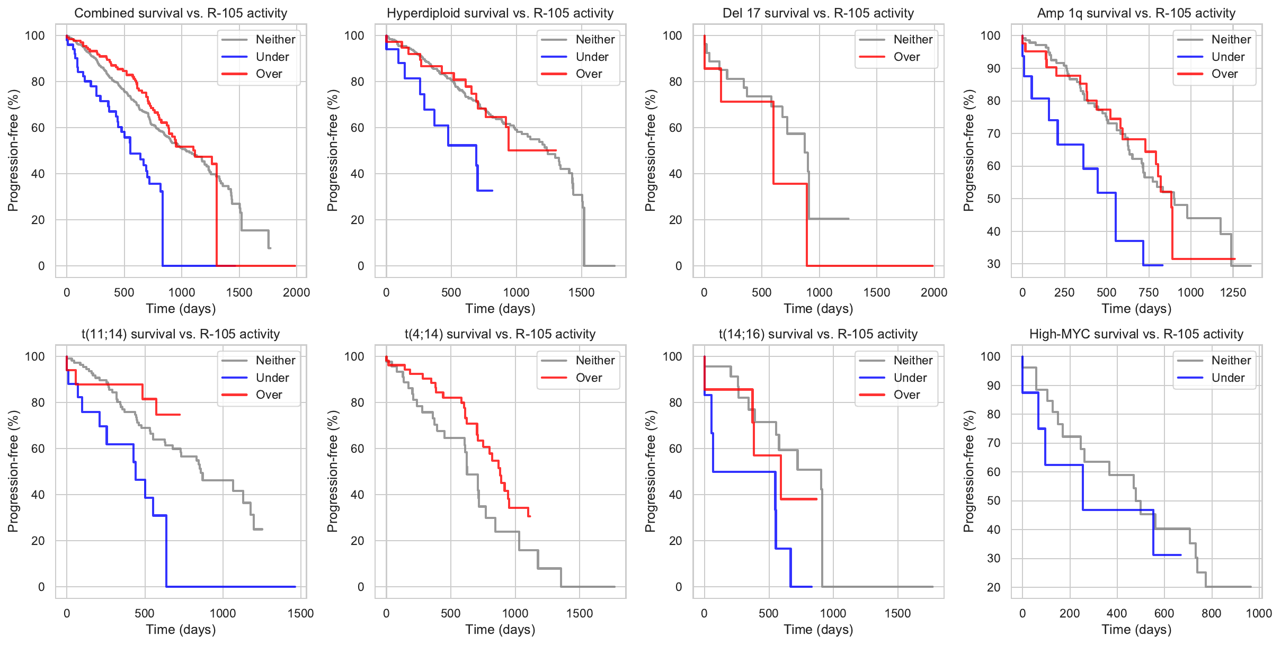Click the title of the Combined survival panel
(x=181, y=13)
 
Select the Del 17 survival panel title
(x=818, y=13)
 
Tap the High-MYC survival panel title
(x=1136, y=334)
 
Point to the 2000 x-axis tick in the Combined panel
(x=296, y=292)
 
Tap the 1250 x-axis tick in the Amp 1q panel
(x=1233, y=292)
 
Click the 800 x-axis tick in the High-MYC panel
(x=1212, y=613)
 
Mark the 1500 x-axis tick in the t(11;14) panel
(x=300, y=613)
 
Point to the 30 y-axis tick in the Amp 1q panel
(x=993, y=264)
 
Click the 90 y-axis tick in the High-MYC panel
(x=993, y=386)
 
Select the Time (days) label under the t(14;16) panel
(x=818, y=630)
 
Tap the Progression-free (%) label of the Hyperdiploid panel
(x=332, y=150)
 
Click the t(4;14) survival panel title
(x=500, y=334)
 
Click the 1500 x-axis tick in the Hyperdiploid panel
(x=581, y=292)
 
